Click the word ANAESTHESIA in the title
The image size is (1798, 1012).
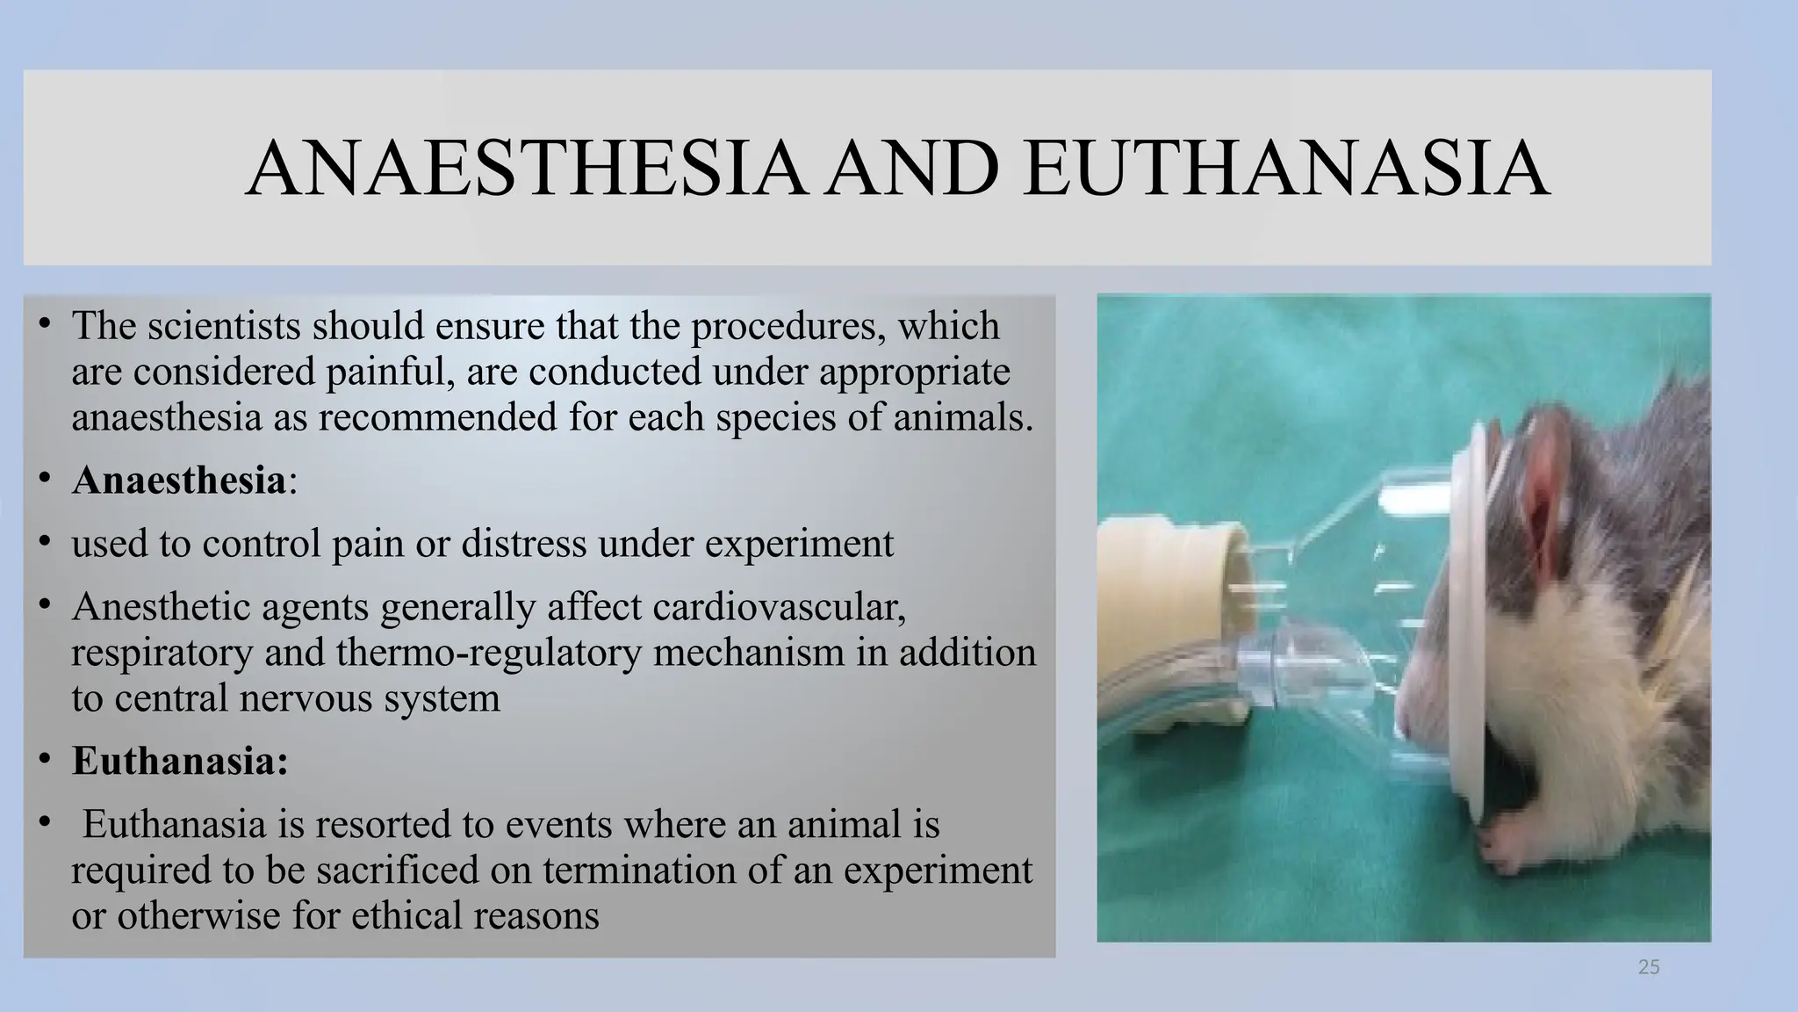click(x=525, y=168)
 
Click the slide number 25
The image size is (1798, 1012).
click(x=1649, y=968)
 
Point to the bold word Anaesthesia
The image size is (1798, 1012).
click(x=179, y=481)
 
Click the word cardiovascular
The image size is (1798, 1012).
click(x=780, y=607)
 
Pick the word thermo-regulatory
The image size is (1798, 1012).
click(x=488, y=653)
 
